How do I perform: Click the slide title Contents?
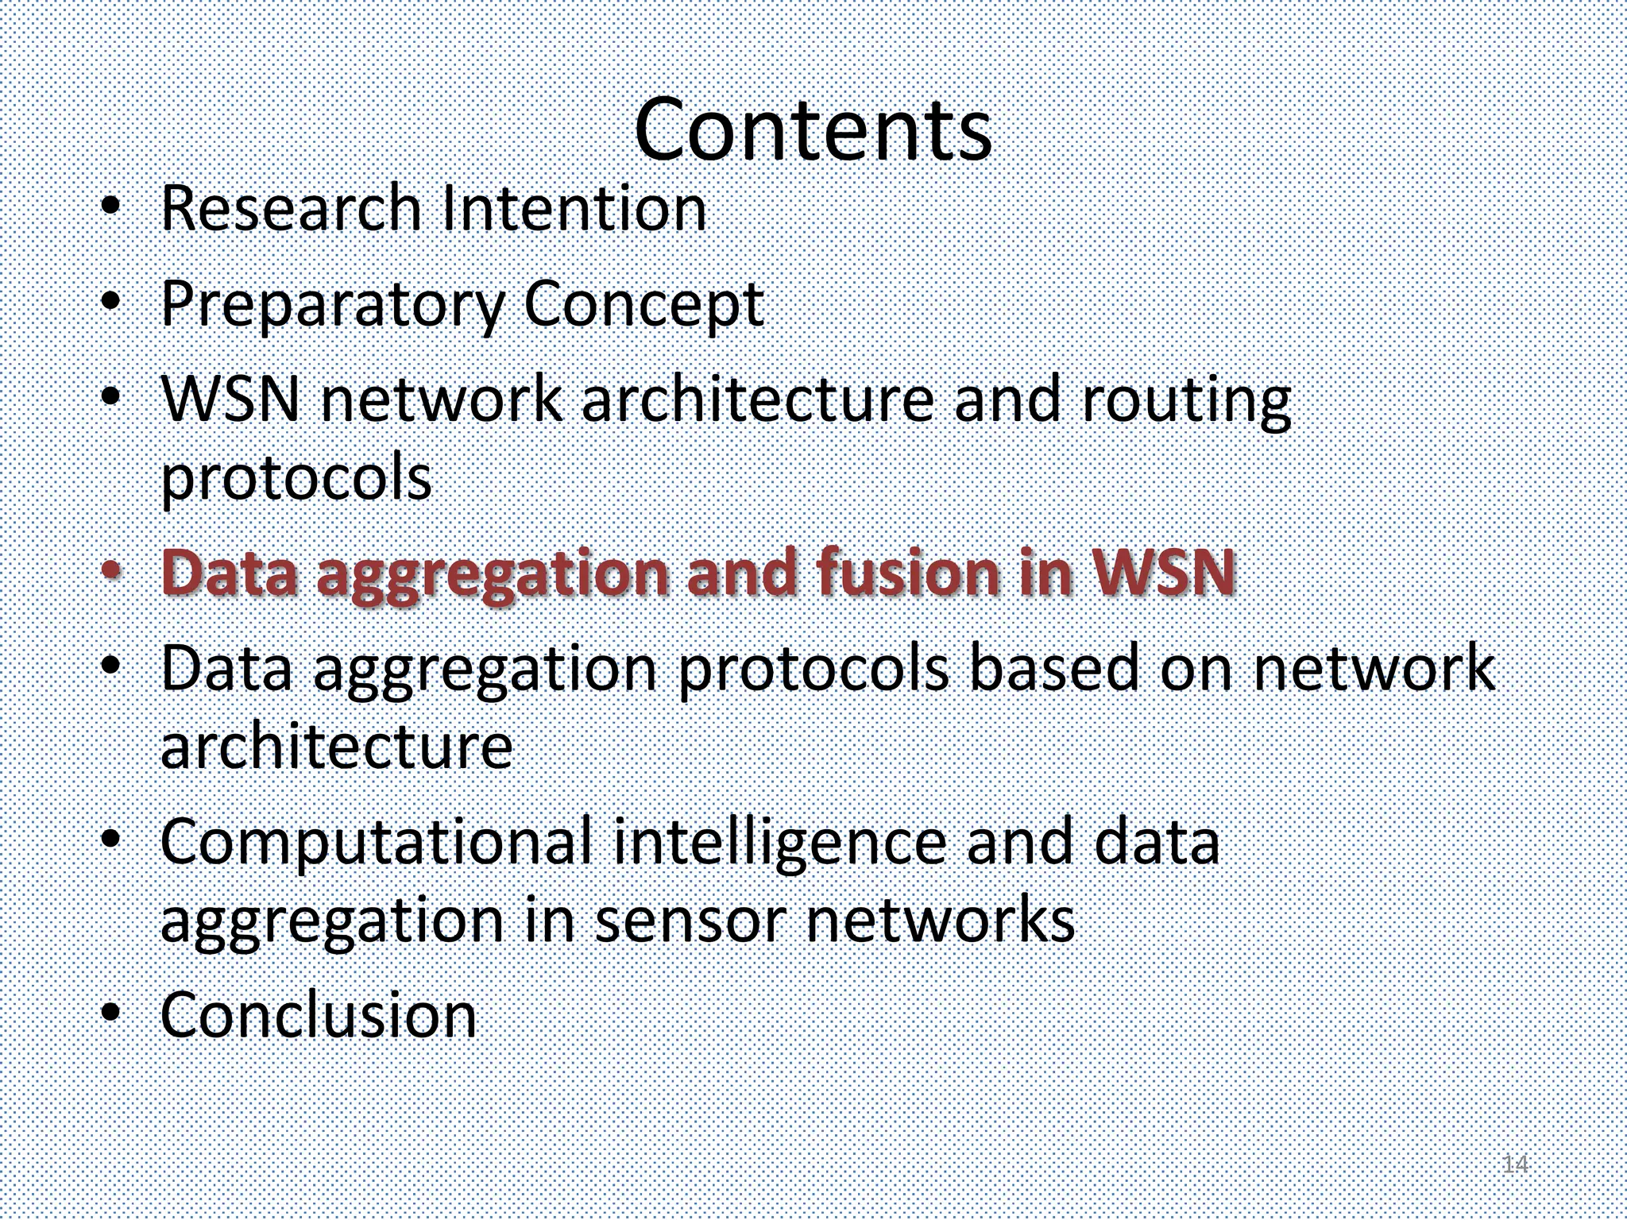tap(813, 129)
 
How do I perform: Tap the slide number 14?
tap(1515, 1164)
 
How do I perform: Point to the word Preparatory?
tap(332, 307)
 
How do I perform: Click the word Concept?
tap(643, 307)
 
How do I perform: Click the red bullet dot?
tap(112, 569)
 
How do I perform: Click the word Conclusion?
tap(319, 1015)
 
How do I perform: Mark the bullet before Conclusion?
tap(112, 1013)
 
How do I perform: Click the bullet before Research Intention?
tap(112, 207)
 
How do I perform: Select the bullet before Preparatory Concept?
tap(112, 302)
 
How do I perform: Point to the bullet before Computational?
tap(112, 839)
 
